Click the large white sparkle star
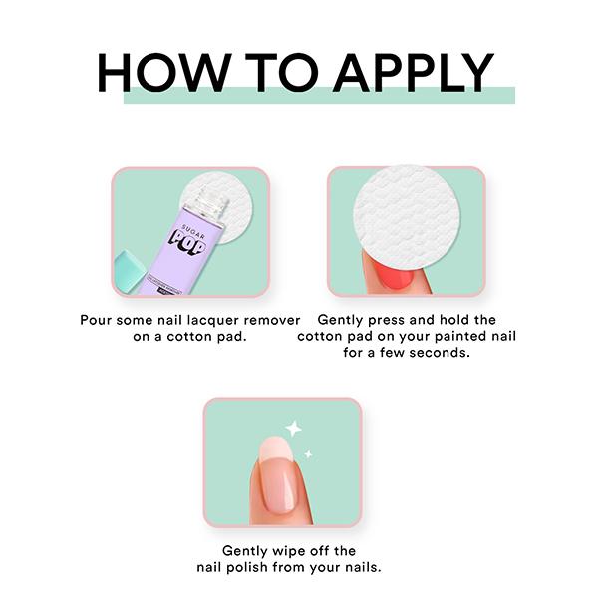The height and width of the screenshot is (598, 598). point(293,429)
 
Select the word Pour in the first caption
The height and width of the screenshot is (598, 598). point(98,321)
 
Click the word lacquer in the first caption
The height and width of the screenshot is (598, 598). point(204,321)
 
